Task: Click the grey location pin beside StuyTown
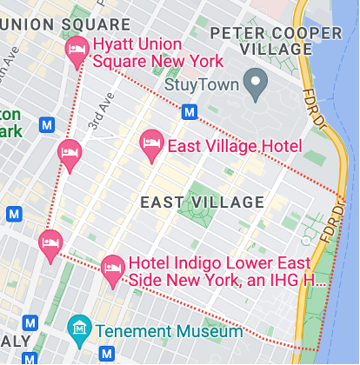click(x=255, y=84)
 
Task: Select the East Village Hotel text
click(x=234, y=146)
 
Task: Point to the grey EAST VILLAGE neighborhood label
click(x=202, y=202)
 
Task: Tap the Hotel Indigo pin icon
click(x=113, y=269)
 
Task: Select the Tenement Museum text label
click(x=169, y=331)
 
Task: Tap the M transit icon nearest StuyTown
click(x=189, y=111)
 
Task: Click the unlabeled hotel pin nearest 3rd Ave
click(x=70, y=155)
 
